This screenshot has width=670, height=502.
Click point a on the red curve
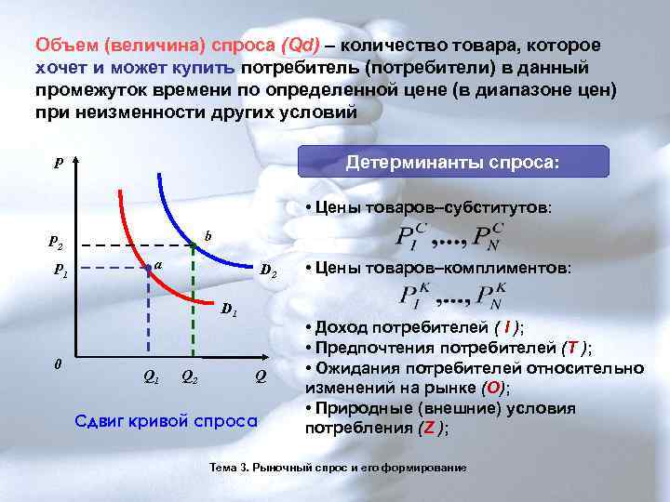coord(148,270)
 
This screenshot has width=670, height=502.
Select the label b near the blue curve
coord(208,237)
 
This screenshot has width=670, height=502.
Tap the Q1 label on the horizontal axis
coord(148,376)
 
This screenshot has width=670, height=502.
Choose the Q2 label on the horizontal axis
coord(188,376)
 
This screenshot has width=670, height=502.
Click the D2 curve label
coord(267,271)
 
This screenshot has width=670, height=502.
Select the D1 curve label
coord(229,309)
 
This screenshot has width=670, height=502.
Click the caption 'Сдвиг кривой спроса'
coord(165,420)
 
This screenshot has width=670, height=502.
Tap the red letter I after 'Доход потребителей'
coord(506,328)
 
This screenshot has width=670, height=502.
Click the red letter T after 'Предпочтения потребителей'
coord(572,349)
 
